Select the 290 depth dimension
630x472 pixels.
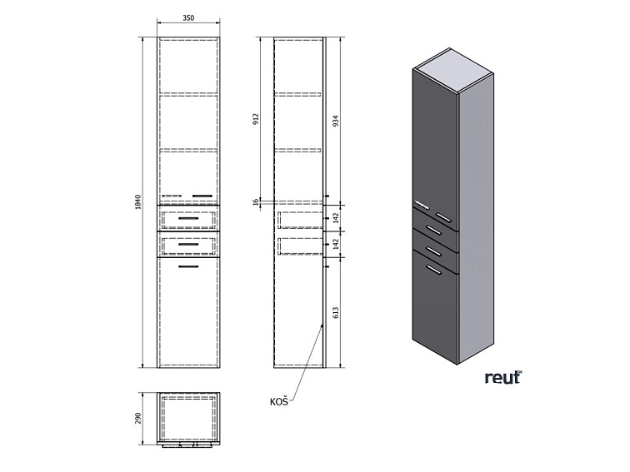click(139, 416)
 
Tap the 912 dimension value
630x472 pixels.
click(257, 120)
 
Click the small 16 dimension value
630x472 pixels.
click(257, 201)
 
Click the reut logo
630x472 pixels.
click(502, 377)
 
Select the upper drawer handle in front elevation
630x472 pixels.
click(188, 216)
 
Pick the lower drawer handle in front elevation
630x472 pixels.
click(188, 244)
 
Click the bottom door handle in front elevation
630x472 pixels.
click(189, 266)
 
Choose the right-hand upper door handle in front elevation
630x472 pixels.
click(203, 196)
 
